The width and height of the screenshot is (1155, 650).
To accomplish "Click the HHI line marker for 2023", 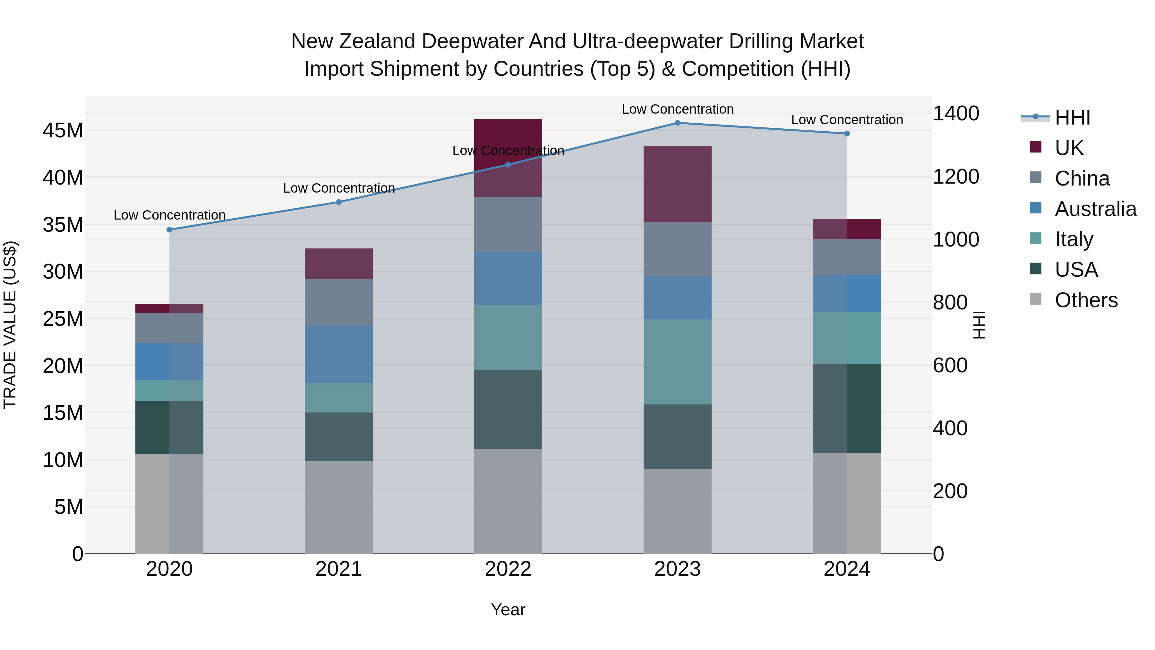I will tap(678, 123).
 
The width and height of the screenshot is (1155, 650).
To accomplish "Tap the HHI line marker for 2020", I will tap(169, 230).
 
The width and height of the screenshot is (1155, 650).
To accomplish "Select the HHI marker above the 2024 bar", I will tap(847, 134).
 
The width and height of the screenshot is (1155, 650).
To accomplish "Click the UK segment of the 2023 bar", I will tap(678, 184).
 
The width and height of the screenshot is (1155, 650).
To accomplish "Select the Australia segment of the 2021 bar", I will tap(338, 354).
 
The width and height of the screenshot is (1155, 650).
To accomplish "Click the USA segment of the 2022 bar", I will tap(508, 409).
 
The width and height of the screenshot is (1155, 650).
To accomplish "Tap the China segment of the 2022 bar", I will tap(508, 224).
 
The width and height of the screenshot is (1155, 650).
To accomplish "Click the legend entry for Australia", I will tap(1095, 209).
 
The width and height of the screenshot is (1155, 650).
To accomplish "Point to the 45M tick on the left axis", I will tap(63, 131).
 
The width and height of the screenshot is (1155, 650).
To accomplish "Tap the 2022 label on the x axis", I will tap(508, 569).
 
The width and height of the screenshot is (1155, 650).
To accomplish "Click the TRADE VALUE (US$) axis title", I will tap(10, 325).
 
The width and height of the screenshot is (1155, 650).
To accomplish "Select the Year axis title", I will tap(508, 610).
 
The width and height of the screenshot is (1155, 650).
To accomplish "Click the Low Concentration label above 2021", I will tap(338, 188).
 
